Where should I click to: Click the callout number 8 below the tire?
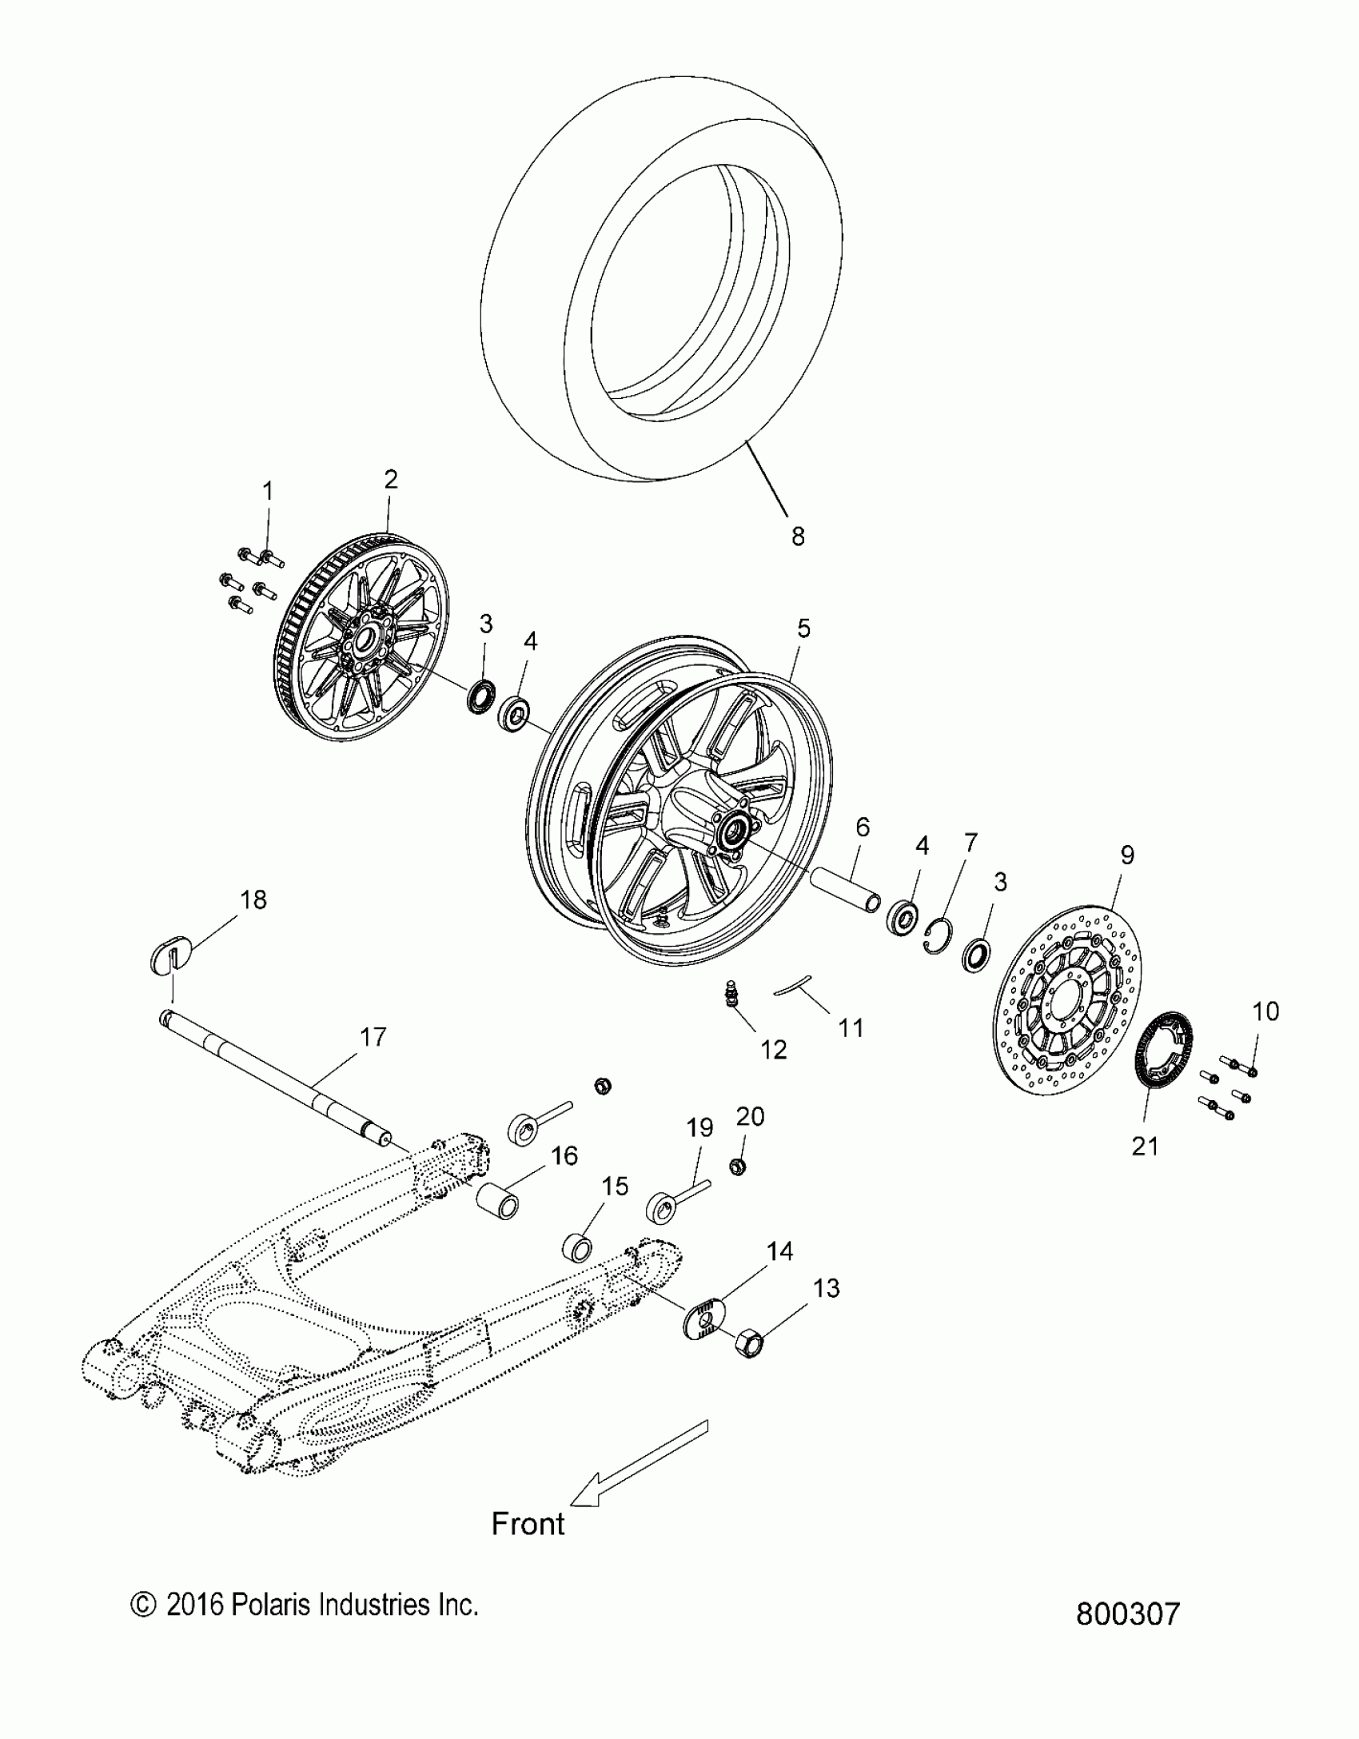coord(798,536)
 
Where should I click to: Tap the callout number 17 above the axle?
coord(373,1037)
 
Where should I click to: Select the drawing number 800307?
coord(1127,1613)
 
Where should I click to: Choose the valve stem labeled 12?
coord(731,994)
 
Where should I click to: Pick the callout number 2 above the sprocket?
coord(390,480)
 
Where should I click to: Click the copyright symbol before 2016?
coord(141,1605)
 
